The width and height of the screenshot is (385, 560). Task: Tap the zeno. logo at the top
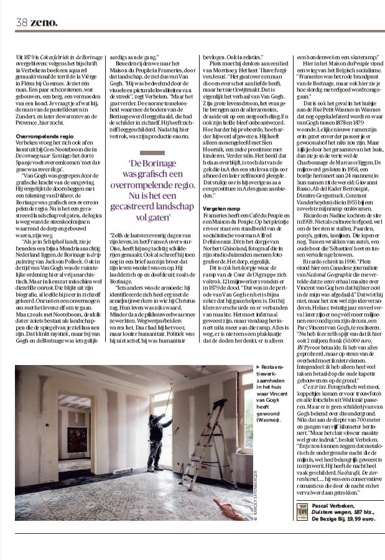click(44, 22)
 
